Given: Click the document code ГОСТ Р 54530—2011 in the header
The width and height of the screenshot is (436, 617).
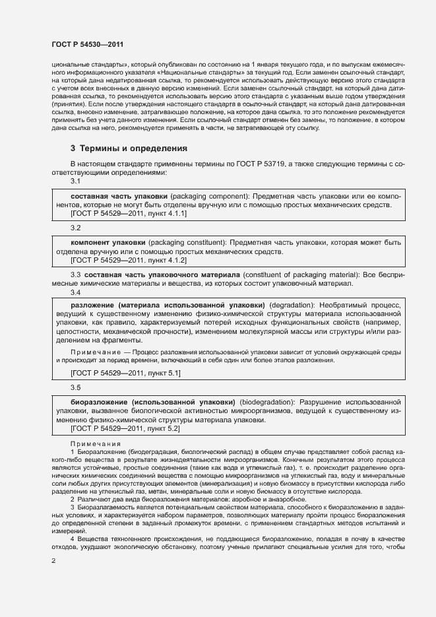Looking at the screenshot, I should [x=87, y=44].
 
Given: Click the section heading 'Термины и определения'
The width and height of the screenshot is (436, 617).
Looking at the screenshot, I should [x=135, y=148].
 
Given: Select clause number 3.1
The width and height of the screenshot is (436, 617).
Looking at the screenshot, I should [x=76, y=181].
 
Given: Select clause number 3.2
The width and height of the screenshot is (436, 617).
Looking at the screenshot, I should [x=76, y=228].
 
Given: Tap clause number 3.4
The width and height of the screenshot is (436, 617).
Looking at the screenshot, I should [x=76, y=292].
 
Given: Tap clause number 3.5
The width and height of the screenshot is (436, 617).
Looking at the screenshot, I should [x=76, y=387].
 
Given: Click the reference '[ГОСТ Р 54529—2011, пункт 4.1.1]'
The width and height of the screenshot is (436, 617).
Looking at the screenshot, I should [x=128, y=213].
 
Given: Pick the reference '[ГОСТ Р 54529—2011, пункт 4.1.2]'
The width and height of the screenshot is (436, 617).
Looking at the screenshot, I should [x=128, y=260].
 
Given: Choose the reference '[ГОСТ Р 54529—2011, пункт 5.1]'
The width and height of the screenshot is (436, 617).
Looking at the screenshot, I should [x=125, y=373].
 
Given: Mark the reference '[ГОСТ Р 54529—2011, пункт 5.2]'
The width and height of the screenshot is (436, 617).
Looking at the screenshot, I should [x=125, y=429].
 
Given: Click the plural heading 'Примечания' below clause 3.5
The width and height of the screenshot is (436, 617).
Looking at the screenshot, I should [x=93, y=443].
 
